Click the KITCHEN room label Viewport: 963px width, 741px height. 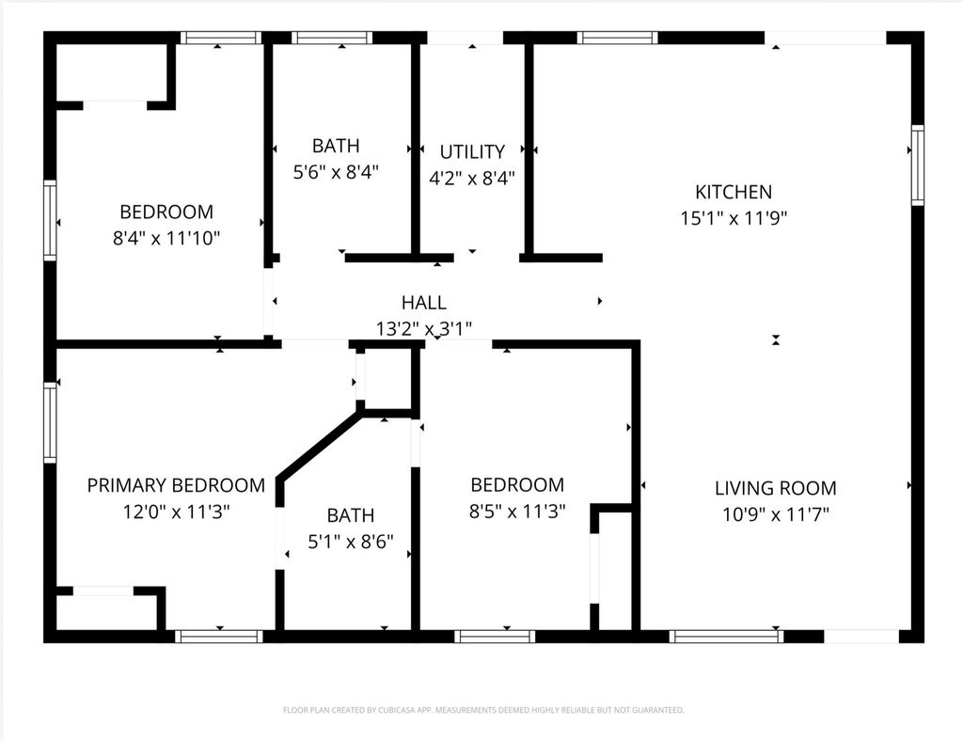click(733, 192)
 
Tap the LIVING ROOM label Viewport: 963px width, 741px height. click(775, 488)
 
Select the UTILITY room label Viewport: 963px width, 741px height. click(472, 151)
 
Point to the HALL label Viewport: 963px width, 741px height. click(423, 303)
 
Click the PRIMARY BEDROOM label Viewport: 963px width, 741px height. click(176, 485)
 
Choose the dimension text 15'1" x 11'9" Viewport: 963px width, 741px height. click(733, 218)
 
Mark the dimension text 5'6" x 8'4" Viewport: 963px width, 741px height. click(336, 172)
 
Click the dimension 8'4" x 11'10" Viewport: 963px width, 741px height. click(166, 238)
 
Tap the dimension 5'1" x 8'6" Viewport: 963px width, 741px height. click(350, 542)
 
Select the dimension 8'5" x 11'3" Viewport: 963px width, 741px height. click(517, 512)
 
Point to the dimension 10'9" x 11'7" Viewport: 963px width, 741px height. click(775, 514)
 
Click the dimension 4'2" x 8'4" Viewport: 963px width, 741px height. click(472, 178)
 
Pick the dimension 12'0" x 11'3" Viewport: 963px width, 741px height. click(176, 512)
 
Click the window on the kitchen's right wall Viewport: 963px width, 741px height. click(917, 165)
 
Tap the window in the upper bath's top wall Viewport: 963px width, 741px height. click(332, 39)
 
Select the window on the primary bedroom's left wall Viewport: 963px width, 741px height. click(50, 421)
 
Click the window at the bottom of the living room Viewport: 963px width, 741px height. click(726, 637)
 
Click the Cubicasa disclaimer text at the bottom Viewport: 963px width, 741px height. click(483, 710)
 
